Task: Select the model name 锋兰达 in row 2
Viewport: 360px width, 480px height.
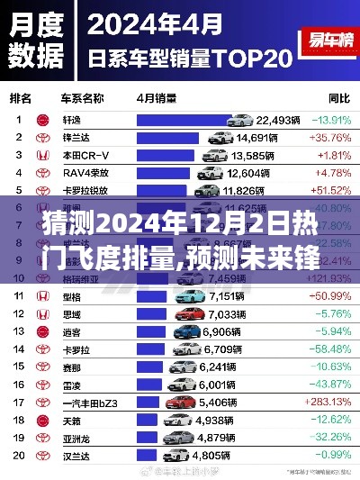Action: (x=75, y=138)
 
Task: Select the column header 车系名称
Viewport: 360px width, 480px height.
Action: (x=81, y=95)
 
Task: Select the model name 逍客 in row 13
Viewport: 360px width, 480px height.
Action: (x=72, y=331)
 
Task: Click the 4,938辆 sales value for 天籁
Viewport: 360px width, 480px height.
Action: (x=214, y=420)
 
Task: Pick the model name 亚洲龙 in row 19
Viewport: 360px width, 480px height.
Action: (x=75, y=437)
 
